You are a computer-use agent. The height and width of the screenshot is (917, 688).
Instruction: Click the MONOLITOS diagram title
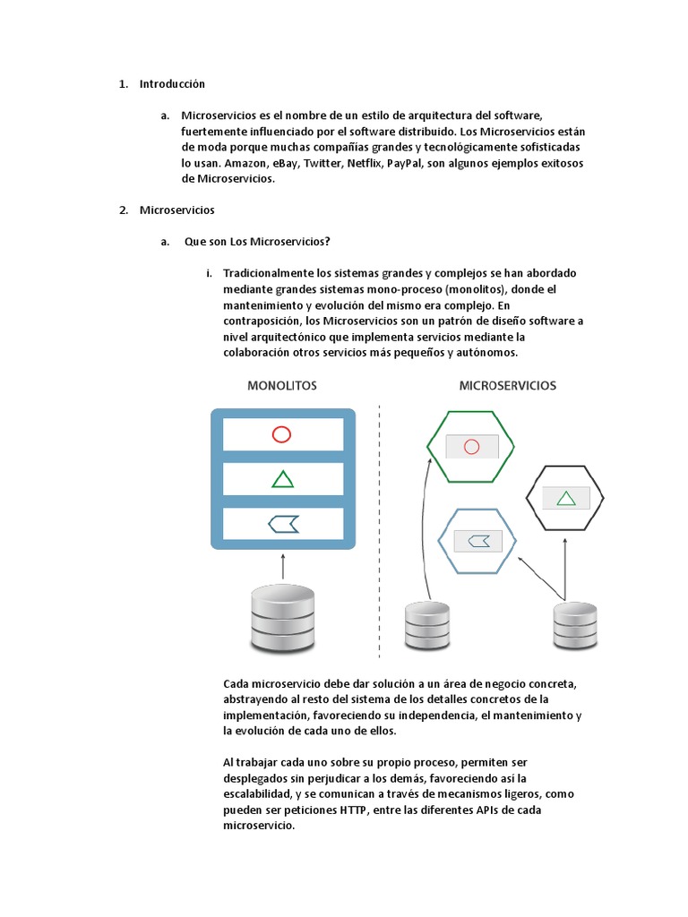coord(281,386)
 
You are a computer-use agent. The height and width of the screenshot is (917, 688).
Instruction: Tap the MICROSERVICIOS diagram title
coord(507,386)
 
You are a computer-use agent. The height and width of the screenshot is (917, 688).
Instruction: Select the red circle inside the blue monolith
coord(282,435)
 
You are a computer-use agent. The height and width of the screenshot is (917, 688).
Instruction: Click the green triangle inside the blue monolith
coord(282,479)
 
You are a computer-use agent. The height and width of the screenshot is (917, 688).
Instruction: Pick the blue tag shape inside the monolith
coord(282,524)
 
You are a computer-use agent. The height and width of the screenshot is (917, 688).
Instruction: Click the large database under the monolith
coord(282,619)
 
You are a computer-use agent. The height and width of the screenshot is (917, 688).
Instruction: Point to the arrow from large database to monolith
coord(282,566)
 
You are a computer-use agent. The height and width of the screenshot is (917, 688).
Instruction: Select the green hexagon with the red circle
coord(470,446)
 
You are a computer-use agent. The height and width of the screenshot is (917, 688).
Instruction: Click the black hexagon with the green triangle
coord(565,498)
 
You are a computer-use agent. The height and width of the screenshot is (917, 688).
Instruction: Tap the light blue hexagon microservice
coord(478,540)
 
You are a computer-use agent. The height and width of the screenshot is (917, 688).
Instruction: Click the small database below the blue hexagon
coord(429,625)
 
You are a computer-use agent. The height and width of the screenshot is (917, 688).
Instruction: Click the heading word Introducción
coord(172,84)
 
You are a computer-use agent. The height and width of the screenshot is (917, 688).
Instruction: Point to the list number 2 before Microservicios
coord(123,210)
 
